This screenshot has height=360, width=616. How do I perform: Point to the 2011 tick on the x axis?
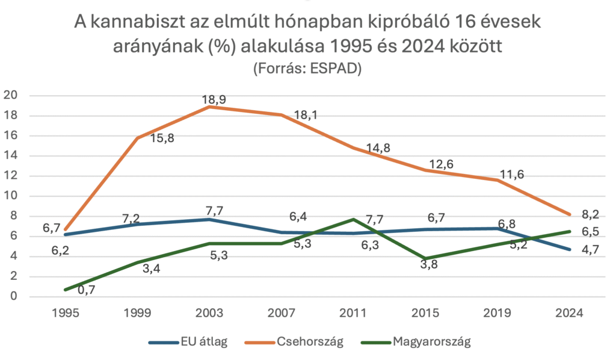(x=353, y=314)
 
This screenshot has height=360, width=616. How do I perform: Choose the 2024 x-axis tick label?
(x=568, y=314)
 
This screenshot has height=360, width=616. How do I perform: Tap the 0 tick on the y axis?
(x=13, y=297)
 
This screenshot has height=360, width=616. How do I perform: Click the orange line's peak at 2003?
(x=209, y=107)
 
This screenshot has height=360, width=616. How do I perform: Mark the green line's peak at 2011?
(x=353, y=219)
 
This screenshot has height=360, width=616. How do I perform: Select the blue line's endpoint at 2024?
(x=568, y=249)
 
